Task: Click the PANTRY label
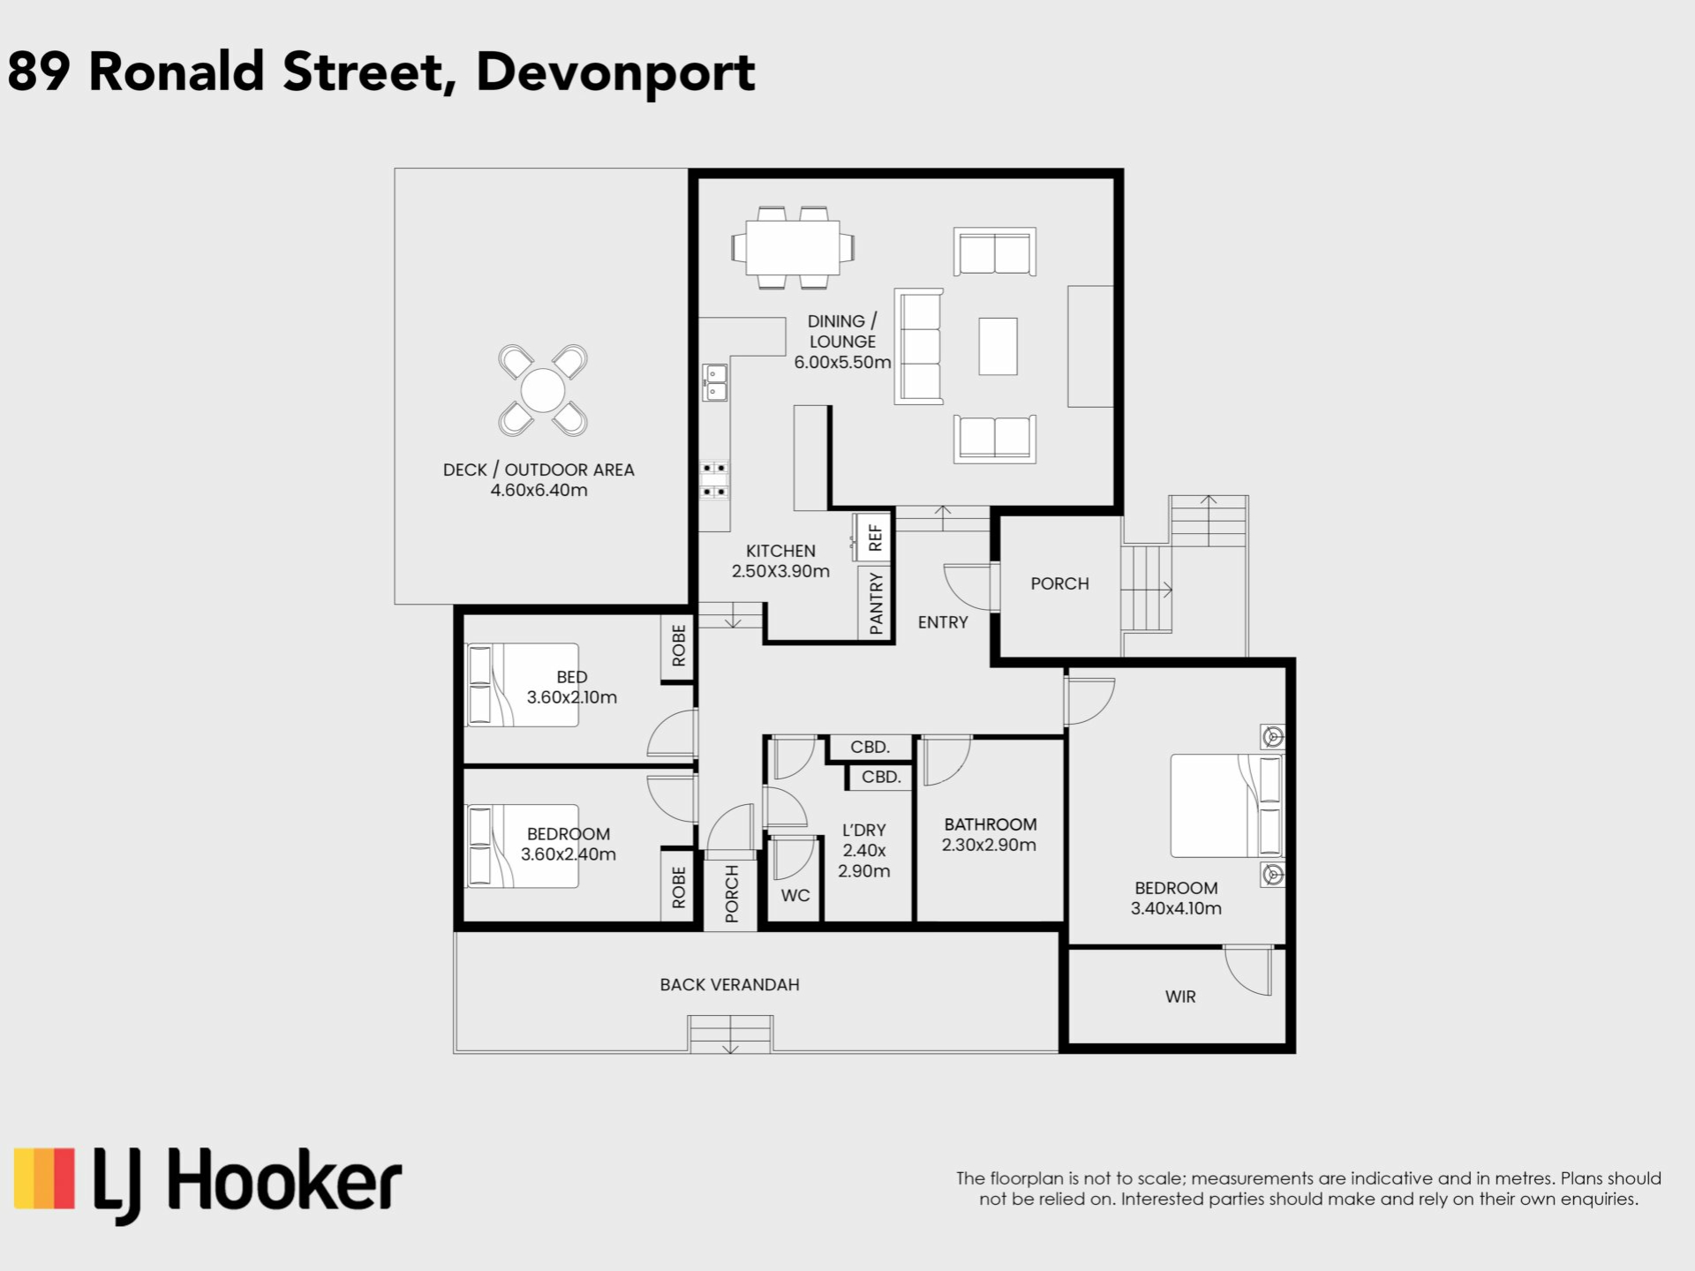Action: click(x=876, y=603)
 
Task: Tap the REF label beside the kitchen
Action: click(x=875, y=538)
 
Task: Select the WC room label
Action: click(x=795, y=895)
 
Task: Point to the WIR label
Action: click(x=1180, y=996)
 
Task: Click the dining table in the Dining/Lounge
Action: click(x=792, y=248)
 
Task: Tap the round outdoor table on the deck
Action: click(x=543, y=390)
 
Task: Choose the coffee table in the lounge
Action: click(x=998, y=346)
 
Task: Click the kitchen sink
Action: click(x=715, y=382)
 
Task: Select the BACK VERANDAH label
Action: click(x=729, y=984)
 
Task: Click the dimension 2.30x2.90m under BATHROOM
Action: click(x=989, y=845)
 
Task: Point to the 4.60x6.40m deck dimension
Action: click(x=539, y=490)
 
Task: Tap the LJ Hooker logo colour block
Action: click(x=44, y=1177)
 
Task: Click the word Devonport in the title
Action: click(x=615, y=73)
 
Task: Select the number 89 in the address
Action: click(x=38, y=71)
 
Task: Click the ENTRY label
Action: click(x=943, y=622)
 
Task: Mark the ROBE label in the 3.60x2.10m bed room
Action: click(x=678, y=645)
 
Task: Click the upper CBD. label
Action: click(x=870, y=747)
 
